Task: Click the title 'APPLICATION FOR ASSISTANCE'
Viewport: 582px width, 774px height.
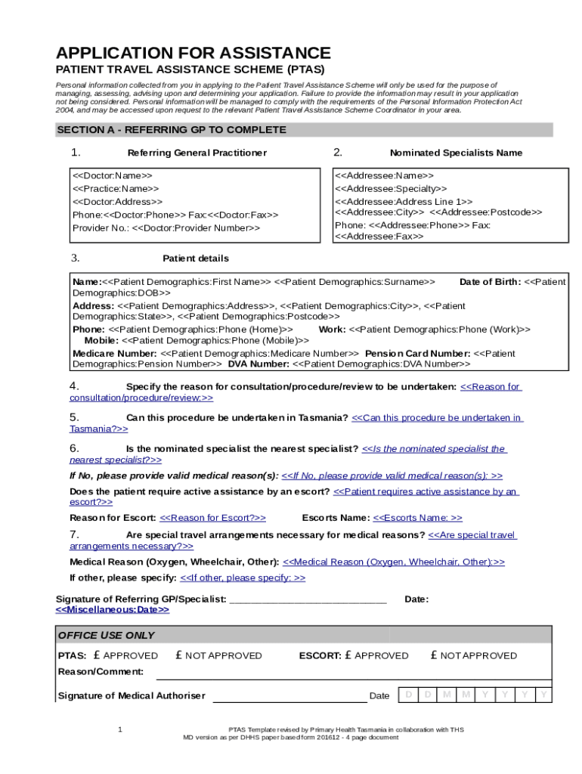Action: [193, 53]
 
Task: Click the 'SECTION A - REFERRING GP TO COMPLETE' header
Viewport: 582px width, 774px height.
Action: [172, 130]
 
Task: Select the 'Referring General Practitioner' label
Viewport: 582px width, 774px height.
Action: [197, 153]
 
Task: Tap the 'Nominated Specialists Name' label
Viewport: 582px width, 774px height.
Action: [456, 153]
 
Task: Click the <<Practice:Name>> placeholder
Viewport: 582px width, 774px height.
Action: [116, 188]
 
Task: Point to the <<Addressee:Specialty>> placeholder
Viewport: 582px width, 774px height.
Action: [391, 188]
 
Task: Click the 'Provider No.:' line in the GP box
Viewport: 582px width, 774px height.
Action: [166, 228]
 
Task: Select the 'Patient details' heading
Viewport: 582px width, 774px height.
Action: [196, 259]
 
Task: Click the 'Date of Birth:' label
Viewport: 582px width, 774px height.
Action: [490, 282]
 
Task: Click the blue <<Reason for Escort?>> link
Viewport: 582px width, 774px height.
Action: [213, 518]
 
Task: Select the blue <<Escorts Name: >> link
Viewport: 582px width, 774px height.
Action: [418, 518]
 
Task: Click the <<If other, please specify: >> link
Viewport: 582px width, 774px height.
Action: [243, 577]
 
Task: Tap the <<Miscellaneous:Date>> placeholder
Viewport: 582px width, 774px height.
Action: [113, 609]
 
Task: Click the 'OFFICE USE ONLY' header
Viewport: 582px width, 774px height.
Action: [107, 635]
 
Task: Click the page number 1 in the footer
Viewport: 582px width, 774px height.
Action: [120, 729]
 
